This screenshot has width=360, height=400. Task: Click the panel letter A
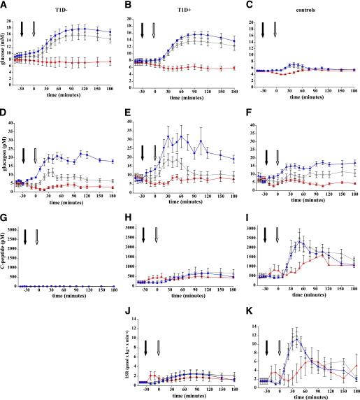4,4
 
